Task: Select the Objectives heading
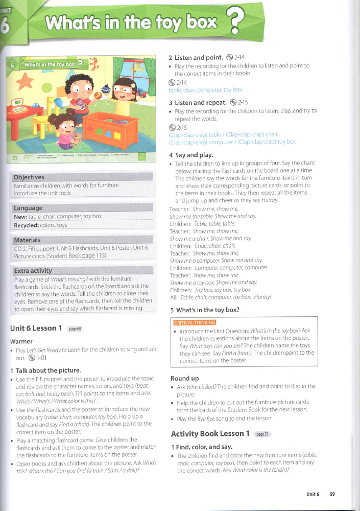coord(29,177)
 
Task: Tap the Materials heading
coord(28,240)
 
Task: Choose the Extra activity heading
coord(33,271)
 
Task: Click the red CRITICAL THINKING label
coord(195,322)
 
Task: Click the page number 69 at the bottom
coord(332,494)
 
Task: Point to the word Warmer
coord(21,341)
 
